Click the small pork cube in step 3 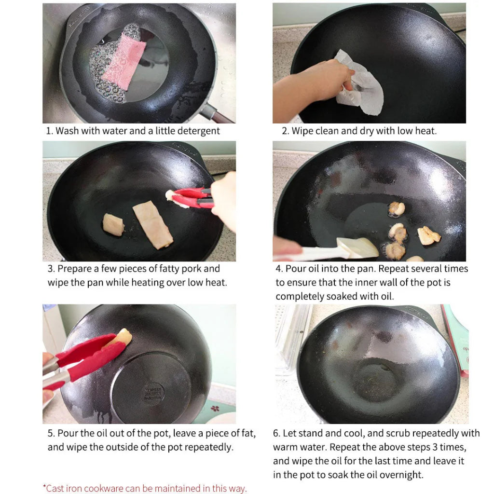click(113, 224)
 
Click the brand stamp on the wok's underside click(153, 394)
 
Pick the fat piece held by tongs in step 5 click(123, 337)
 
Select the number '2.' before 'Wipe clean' click(285, 131)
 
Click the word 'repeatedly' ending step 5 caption click(209, 447)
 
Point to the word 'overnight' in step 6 click(398, 475)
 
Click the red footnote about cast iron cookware click(145, 488)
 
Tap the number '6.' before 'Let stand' click(276, 433)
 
